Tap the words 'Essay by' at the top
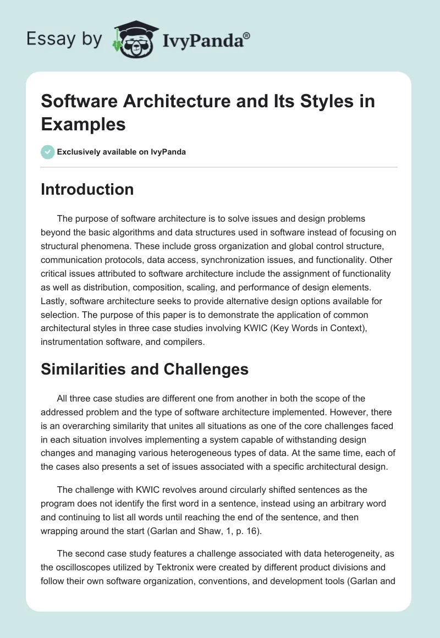coord(64,40)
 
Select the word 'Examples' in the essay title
coord(83,124)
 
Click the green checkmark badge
coord(48,152)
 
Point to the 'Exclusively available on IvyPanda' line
coord(121,152)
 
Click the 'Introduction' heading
coord(87,189)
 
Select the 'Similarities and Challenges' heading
coord(145,369)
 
